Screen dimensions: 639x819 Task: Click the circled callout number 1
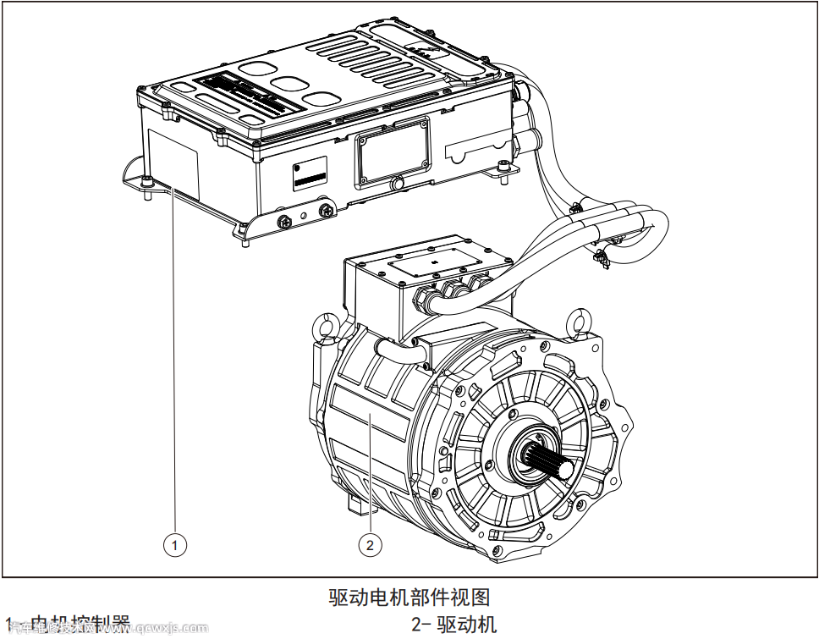(175, 545)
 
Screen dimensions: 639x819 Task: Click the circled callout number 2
(370, 545)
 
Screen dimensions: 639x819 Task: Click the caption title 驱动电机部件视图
(409, 598)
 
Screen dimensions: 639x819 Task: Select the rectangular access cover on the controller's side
(392, 151)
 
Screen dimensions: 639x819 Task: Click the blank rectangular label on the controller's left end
(173, 161)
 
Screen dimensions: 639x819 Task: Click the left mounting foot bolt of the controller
(147, 181)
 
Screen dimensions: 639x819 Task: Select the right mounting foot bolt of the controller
(504, 168)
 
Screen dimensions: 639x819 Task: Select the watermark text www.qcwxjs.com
(166, 629)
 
